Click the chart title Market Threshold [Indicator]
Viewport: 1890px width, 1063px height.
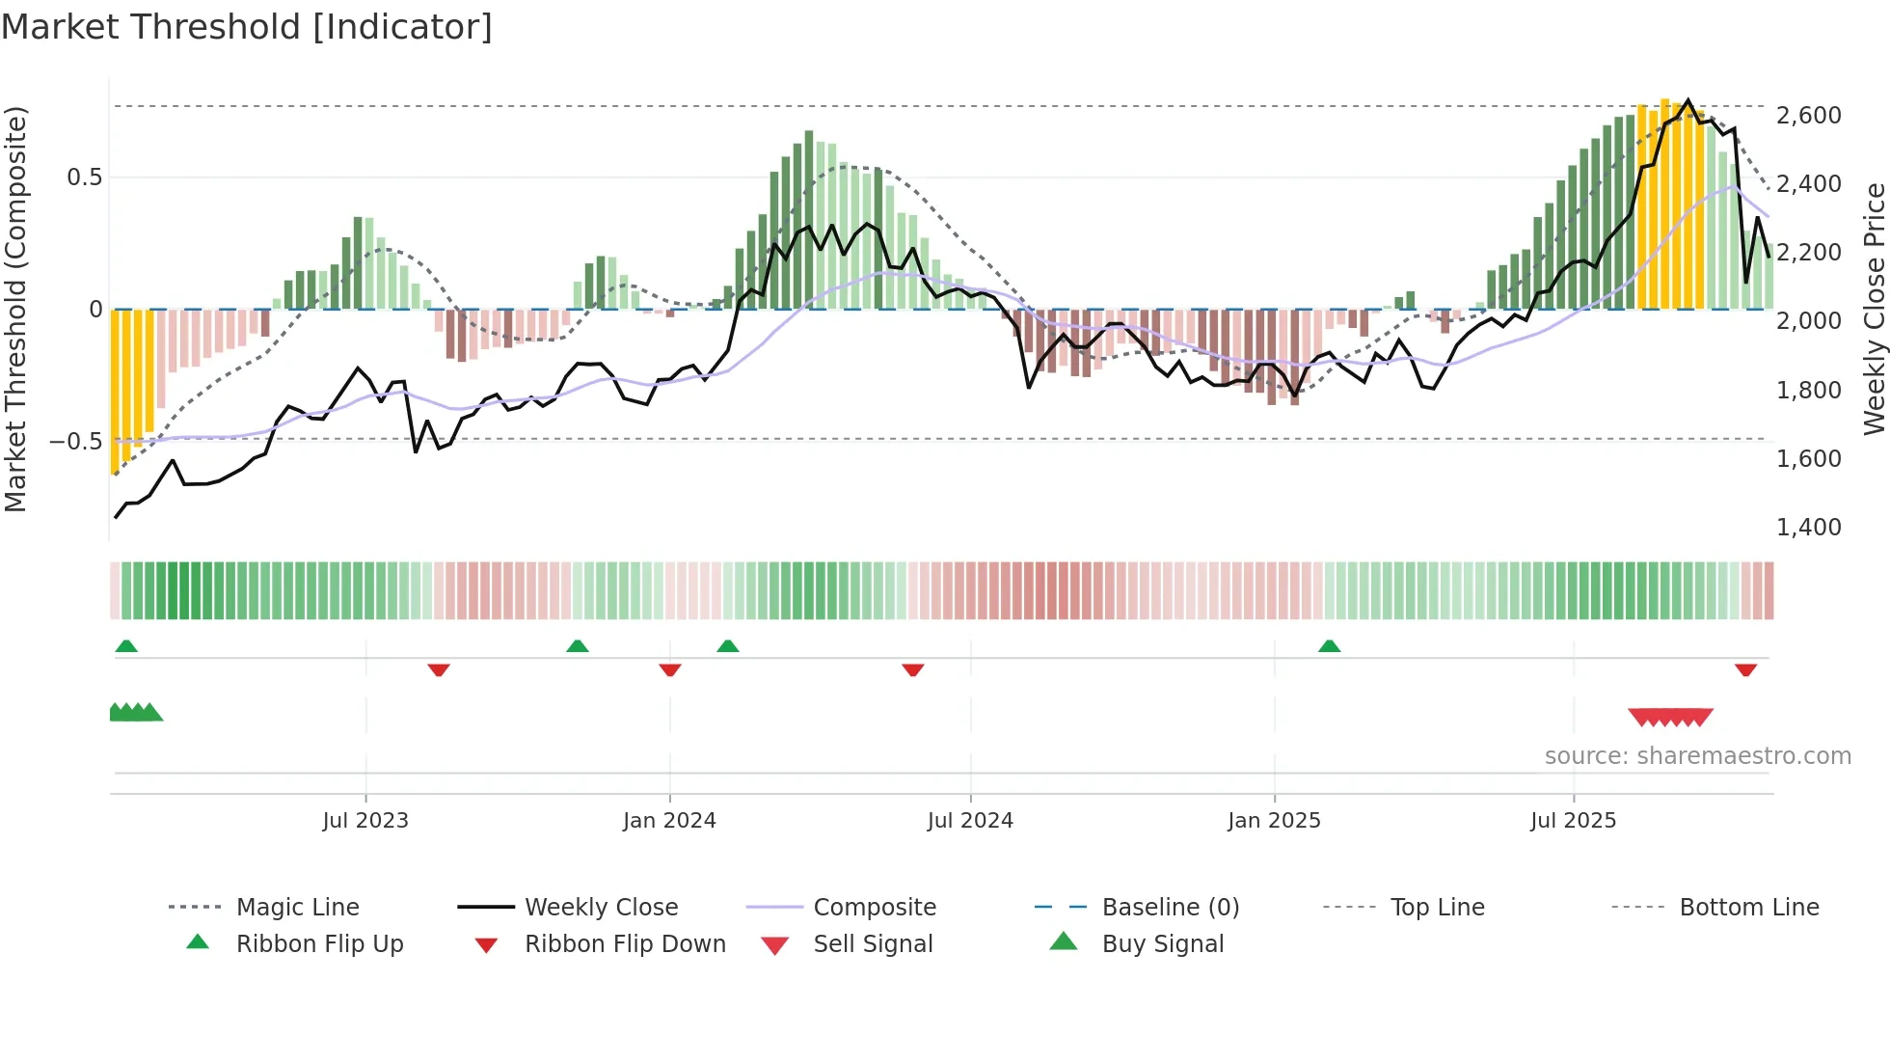(x=247, y=27)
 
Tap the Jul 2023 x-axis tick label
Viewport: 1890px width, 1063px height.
(x=365, y=821)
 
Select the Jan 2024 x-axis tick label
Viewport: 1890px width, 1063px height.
(x=669, y=821)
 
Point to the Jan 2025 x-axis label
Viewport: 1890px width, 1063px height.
(x=1274, y=821)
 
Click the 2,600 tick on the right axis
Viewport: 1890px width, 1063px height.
(x=1808, y=116)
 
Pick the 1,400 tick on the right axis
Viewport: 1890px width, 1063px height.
(x=1808, y=528)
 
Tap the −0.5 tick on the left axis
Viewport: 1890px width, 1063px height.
(x=76, y=442)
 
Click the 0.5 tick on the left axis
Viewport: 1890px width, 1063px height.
(x=84, y=177)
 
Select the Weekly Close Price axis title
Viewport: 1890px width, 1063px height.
(x=1874, y=309)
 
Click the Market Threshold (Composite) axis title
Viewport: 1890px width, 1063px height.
(x=15, y=309)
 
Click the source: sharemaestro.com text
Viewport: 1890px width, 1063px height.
(x=1697, y=756)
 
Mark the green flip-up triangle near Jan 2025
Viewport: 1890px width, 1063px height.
(x=1329, y=646)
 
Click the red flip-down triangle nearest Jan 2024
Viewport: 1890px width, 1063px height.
(x=670, y=669)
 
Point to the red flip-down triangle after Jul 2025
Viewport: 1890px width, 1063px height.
(x=1745, y=669)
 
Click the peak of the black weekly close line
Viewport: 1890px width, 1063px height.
(x=1687, y=100)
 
